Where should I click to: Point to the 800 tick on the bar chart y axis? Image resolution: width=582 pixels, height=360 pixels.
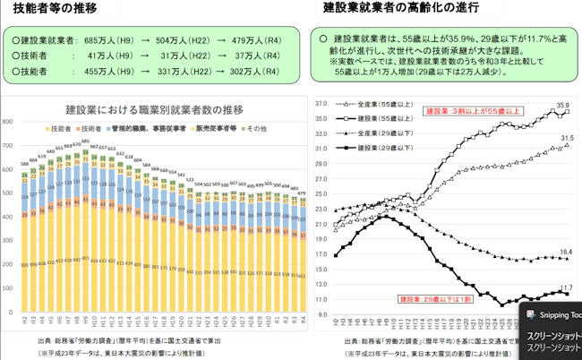pos(9,122)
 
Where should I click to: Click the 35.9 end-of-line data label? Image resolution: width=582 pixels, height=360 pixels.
pos(563,106)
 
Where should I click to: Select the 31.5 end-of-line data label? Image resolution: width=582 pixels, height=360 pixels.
pos(565,139)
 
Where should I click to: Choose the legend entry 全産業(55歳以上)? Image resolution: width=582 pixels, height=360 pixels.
pos(381,106)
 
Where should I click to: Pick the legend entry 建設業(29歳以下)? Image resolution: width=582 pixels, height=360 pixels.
pos(381,146)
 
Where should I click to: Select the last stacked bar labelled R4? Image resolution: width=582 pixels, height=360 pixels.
pos(302,264)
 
